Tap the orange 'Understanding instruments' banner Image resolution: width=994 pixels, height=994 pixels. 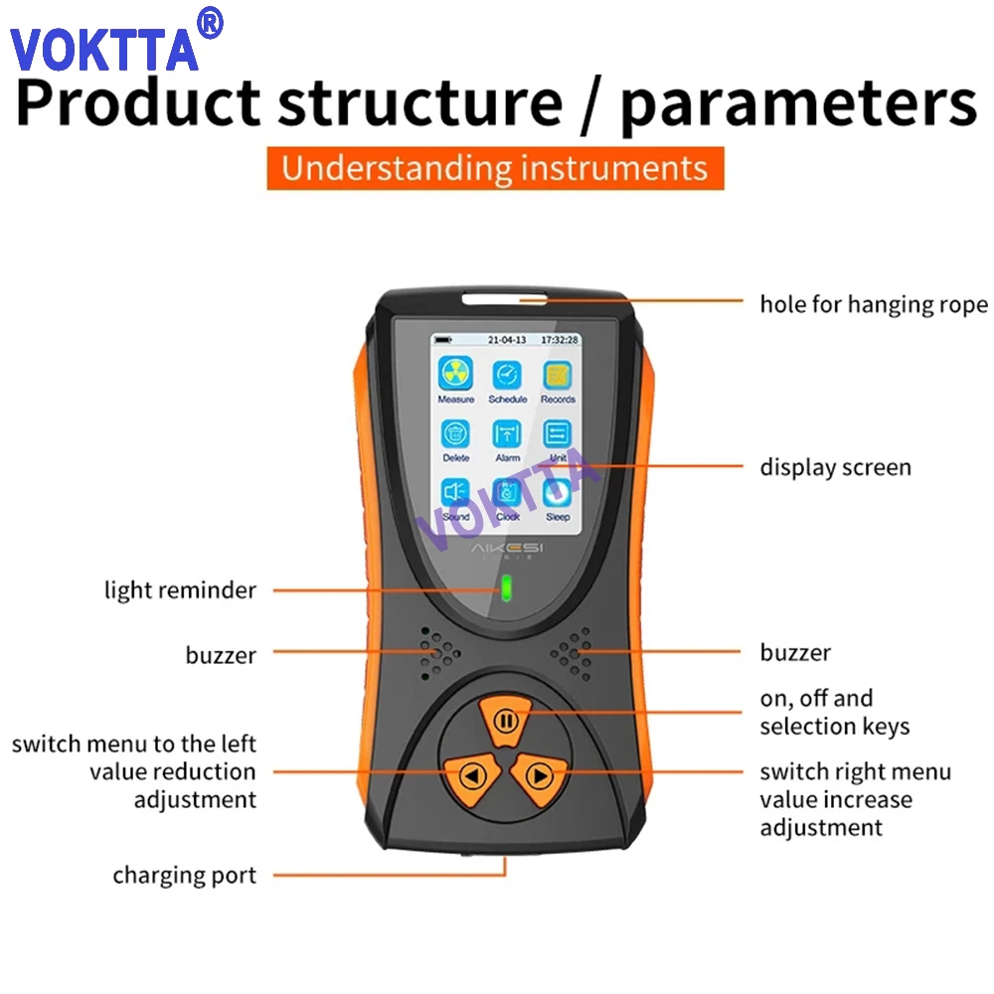coord(494,168)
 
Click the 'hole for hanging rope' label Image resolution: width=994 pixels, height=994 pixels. coord(874,304)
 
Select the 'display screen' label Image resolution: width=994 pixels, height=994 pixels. coord(835,467)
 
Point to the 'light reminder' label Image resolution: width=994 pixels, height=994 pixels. coord(180,590)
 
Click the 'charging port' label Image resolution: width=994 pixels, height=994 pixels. coord(184,876)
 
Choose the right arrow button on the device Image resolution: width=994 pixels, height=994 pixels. coord(539,773)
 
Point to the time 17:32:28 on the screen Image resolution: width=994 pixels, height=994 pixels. coord(559,340)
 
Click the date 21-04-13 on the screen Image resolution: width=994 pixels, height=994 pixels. coord(507,340)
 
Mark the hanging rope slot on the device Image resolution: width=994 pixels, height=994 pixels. coord(505,296)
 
